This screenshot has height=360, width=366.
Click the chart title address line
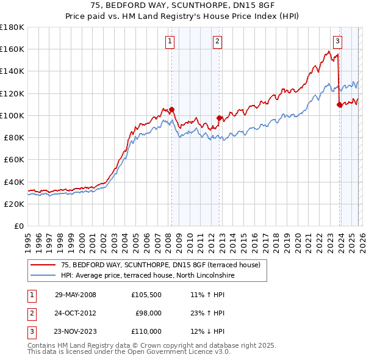(x=182, y=6)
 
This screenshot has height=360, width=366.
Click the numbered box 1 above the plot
(x=169, y=41)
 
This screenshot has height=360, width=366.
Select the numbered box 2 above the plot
(x=217, y=41)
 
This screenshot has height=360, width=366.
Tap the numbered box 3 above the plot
(x=337, y=41)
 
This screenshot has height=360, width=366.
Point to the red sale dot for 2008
(x=172, y=110)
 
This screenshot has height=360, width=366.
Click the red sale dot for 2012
(x=220, y=118)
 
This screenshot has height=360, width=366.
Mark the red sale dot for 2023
(x=339, y=105)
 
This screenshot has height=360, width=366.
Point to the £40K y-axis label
(x=14, y=182)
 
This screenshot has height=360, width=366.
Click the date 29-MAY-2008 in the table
(x=76, y=295)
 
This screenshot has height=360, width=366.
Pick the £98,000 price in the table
(x=148, y=313)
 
